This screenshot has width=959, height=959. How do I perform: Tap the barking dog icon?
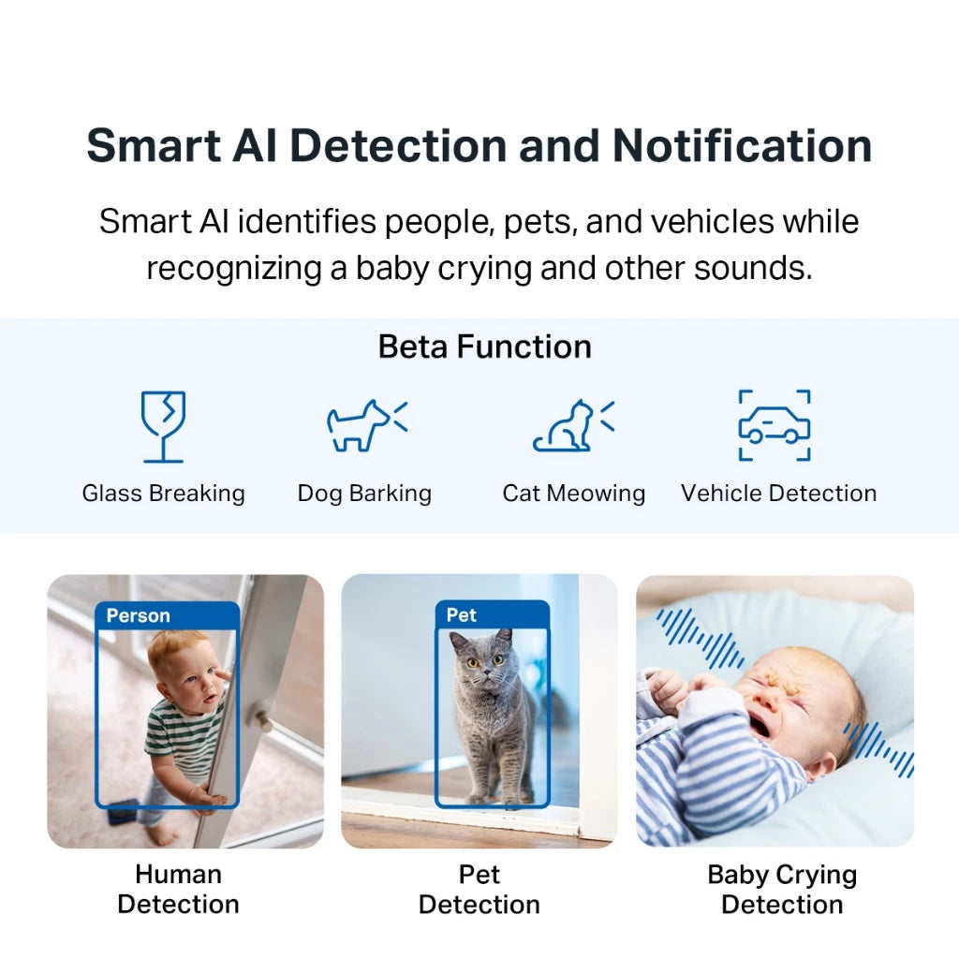pos(365,426)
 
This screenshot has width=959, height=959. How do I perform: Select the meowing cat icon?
pos(573,426)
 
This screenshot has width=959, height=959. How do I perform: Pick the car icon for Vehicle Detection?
pos(775,426)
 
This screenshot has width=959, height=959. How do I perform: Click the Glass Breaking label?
pos(164,494)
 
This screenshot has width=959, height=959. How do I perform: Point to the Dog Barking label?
pos(364,494)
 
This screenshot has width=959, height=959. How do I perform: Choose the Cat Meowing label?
pos(574,494)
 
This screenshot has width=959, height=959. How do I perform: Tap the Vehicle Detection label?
pos(779,494)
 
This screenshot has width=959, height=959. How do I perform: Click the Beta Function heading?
pos(484,347)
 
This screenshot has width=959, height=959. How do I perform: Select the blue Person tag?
pos(139,615)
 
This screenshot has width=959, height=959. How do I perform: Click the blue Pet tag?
pos(462,615)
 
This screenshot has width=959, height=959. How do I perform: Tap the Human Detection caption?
pos(178,890)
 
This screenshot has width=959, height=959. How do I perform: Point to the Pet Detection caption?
pos(479,890)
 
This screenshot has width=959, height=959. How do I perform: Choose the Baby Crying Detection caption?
pos(782,890)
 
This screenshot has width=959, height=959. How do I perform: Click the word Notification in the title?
pos(743,146)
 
